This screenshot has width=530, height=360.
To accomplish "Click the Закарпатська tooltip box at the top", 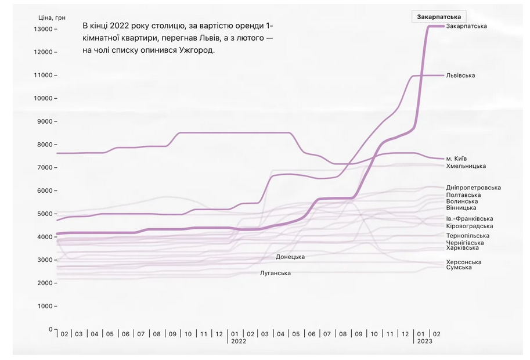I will point(439,17).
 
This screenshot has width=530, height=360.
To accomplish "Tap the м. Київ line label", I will point(456,159).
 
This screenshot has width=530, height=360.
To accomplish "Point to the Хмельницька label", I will point(466,166).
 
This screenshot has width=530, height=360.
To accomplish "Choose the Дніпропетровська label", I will point(473,188).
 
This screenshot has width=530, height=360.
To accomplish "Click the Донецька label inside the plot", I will point(290,257).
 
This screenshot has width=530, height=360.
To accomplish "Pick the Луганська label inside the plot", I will point(276,273).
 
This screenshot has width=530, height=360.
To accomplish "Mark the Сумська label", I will point(459,267).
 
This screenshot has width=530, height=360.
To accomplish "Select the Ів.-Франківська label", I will point(470,218).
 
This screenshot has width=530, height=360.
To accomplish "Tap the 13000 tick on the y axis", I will point(44,29).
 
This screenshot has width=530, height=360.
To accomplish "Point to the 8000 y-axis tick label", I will point(45,145).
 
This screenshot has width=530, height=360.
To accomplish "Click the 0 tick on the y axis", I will point(51,329).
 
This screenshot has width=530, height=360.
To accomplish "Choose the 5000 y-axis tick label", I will point(45,214).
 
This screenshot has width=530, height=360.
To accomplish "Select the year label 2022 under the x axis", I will point(239,341).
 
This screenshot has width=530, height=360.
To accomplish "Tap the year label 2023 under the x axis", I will point(425,341).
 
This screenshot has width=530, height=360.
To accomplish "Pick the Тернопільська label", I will point(467,236).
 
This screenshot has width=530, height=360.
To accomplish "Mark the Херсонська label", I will point(463,262).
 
